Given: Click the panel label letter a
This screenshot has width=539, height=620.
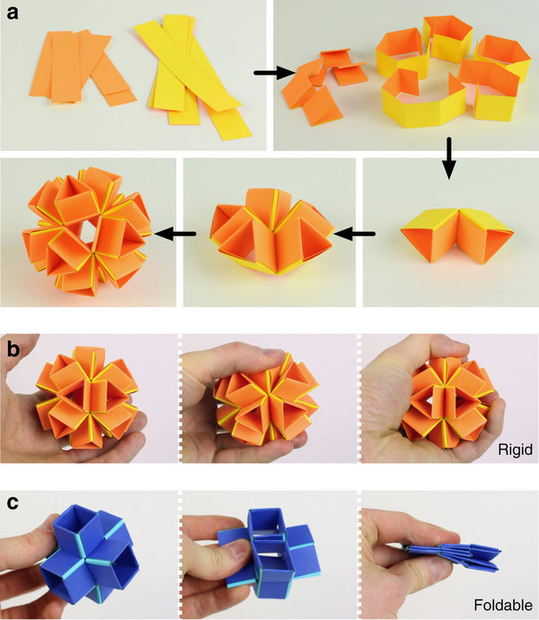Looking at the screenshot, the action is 13,13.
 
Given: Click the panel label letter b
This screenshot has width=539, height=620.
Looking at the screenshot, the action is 13,349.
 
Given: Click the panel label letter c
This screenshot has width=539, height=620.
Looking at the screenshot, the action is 13,502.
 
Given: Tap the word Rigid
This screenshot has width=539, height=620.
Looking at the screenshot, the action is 515,449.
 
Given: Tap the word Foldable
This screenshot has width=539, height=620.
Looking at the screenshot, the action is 503,606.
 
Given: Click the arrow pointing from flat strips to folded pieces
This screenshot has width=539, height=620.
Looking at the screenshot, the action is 275,73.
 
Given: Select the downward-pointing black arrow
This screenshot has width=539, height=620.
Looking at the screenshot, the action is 449,158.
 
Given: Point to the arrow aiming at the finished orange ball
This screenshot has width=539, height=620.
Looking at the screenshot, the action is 175,234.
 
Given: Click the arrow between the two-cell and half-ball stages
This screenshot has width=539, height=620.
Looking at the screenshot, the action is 354,235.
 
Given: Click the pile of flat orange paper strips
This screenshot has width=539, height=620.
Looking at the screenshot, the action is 81,68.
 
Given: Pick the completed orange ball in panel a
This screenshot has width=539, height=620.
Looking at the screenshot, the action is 88,231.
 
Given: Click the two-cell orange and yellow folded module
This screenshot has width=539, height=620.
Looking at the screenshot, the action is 456,235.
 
